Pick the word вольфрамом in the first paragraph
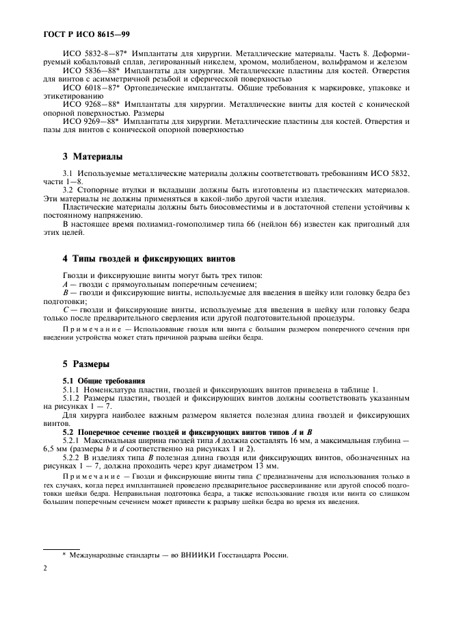coord(343,61)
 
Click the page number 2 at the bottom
coord(44,567)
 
